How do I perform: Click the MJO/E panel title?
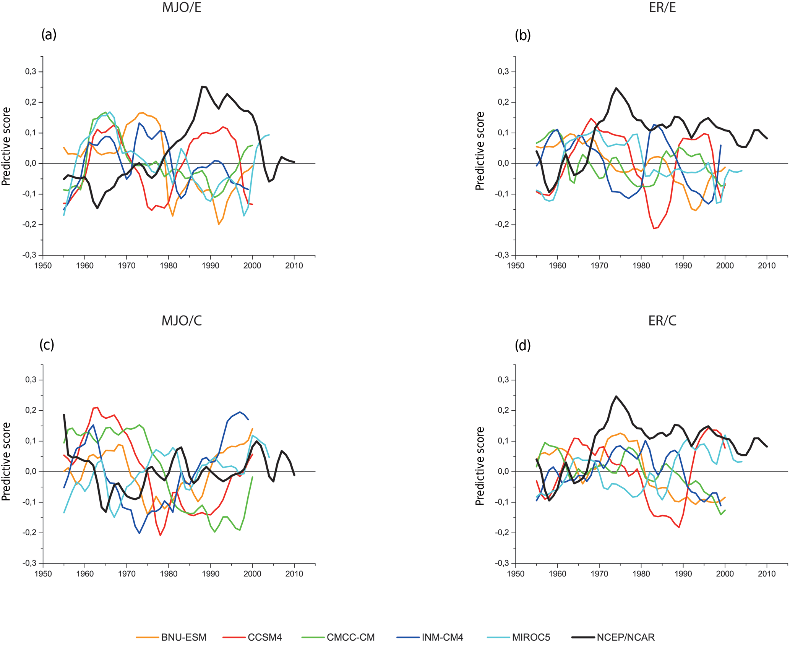point(182,8)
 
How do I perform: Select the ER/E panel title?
point(662,8)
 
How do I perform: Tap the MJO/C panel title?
point(182,321)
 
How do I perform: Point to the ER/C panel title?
point(662,321)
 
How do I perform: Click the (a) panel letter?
point(49,35)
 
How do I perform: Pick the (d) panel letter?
point(523,345)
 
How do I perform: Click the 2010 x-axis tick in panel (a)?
point(294,266)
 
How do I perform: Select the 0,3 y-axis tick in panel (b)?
point(503,72)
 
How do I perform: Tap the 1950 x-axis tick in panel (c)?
point(43,574)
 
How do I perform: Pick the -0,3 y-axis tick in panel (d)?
point(502,563)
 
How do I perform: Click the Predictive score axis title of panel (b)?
point(480,151)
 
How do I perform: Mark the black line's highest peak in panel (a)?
point(202,87)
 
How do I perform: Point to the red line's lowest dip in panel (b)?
point(654,228)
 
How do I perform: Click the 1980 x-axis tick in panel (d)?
point(641,574)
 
